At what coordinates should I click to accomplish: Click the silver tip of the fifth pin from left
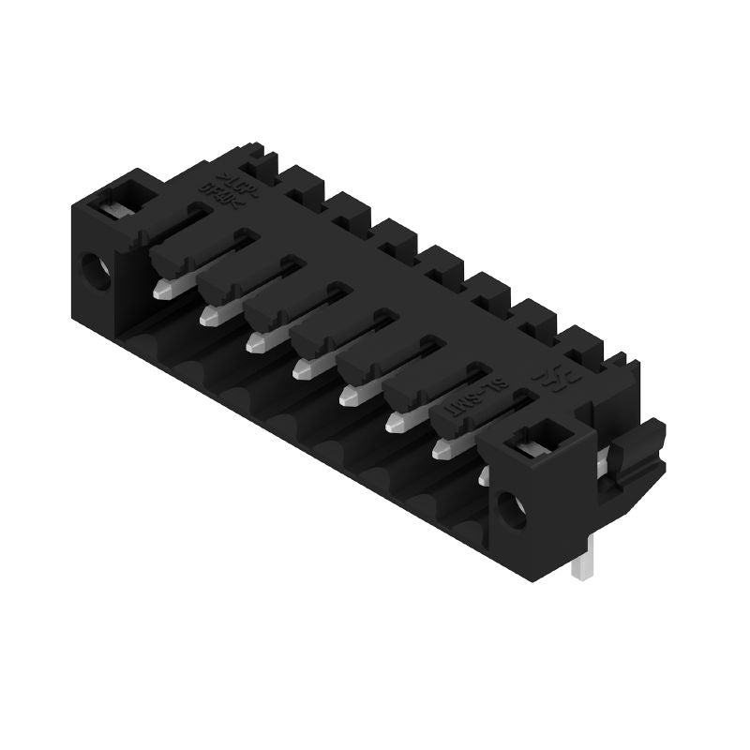pos(348,397)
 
